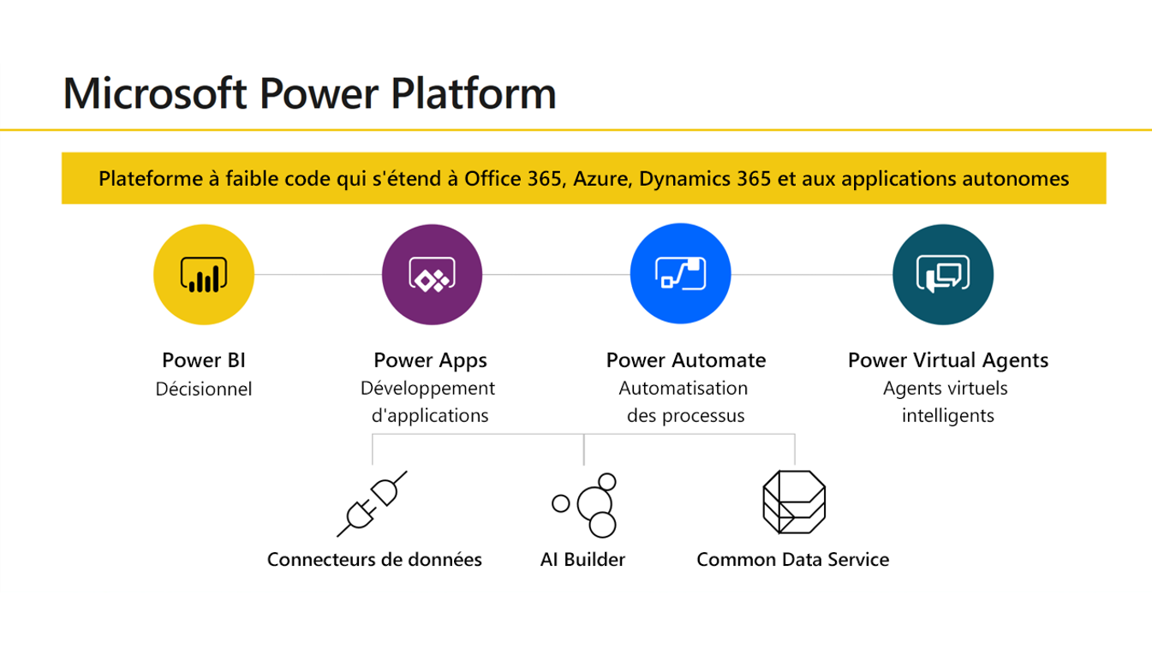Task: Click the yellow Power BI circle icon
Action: click(204, 275)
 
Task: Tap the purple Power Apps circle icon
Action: click(432, 275)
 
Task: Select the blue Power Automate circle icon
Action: click(680, 273)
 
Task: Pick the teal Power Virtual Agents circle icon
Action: click(943, 275)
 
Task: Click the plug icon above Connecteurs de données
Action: click(372, 504)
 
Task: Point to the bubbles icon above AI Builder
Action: click(584, 505)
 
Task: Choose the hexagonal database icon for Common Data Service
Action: click(794, 502)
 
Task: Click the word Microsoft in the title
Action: click(155, 93)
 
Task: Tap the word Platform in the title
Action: click(474, 93)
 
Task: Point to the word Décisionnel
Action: click(204, 389)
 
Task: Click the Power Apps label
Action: click(431, 360)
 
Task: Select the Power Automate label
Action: click(686, 360)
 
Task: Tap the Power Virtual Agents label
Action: click(948, 360)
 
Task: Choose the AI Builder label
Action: click(582, 559)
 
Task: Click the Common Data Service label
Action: click(793, 559)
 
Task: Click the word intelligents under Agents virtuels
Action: click(948, 415)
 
